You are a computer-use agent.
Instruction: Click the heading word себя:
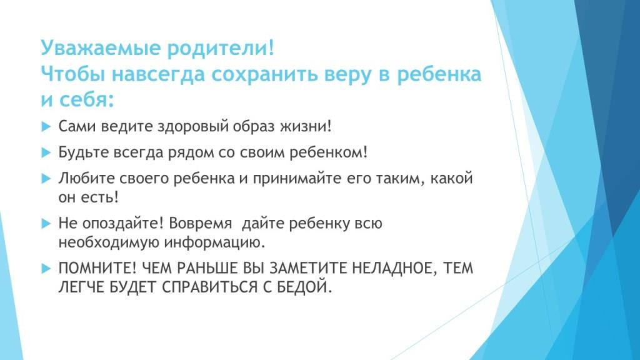pos(86,99)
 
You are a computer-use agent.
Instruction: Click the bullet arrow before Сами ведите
pos(46,126)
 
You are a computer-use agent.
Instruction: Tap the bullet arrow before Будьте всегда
pos(46,152)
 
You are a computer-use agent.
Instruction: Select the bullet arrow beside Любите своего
pos(46,179)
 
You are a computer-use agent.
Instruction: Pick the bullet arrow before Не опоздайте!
pos(46,224)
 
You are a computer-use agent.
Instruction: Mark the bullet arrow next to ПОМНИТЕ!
pos(46,269)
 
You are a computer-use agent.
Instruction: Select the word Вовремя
pos(200,224)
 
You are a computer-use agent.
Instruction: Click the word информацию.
pos(215,243)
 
